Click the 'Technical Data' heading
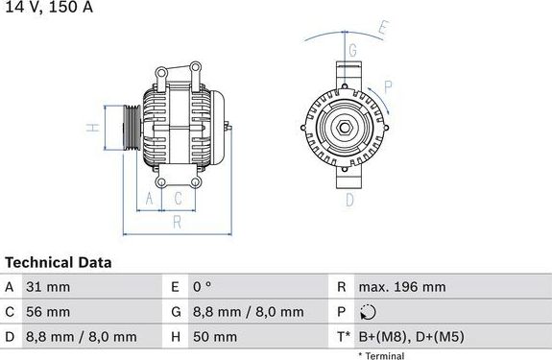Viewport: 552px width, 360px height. tap(58, 262)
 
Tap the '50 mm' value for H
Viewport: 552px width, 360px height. tap(217, 337)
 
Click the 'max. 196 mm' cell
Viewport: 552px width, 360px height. tap(401, 287)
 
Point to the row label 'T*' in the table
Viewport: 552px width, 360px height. tap(344, 337)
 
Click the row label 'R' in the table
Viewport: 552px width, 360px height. tap(341, 287)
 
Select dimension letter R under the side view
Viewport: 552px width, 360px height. tap(178, 223)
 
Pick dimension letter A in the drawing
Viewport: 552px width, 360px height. tap(148, 199)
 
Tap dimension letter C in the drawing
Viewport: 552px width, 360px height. tap(178, 199)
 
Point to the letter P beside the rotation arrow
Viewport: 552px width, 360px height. tap(388, 85)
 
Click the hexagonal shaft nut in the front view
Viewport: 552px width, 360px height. tap(343, 128)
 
